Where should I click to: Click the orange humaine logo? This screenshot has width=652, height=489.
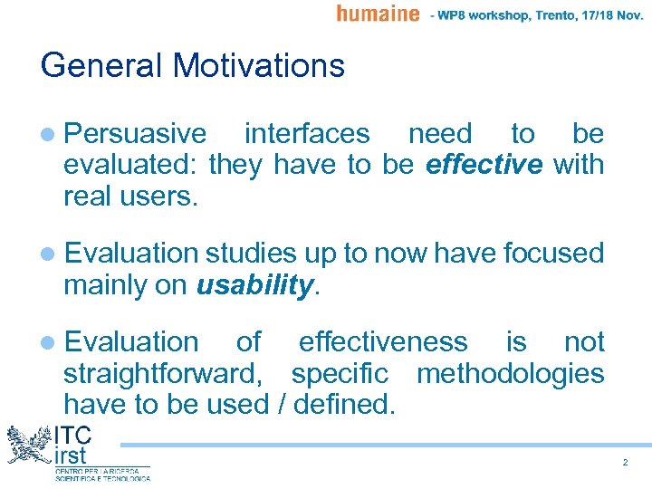(378, 14)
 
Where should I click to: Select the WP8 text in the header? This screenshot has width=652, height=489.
(457, 14)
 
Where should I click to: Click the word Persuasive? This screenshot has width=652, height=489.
(136, 134)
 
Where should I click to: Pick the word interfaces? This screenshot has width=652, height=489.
(307, 134)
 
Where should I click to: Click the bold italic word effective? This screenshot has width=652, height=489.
(484, 166)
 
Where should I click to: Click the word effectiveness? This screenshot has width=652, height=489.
(383, 341)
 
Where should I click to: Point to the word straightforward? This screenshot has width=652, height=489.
(168, 373)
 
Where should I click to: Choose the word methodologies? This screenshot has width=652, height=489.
(510, 373)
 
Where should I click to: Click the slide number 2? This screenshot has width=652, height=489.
(625, 463)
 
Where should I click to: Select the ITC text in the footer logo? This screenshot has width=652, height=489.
(72, 434)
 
